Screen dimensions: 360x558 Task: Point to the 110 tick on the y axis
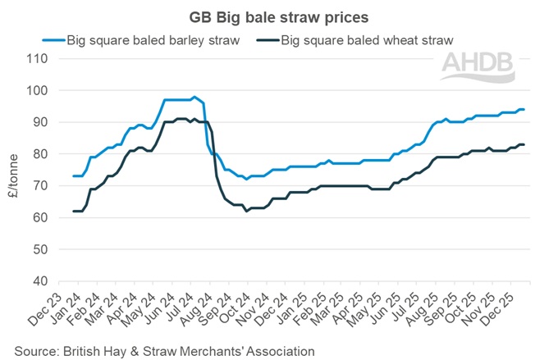pos(38,59)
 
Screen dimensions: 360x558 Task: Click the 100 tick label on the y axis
pos(38,91)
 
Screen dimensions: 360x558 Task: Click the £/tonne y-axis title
pos(11,170)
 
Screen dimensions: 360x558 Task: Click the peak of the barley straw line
pos(194,97)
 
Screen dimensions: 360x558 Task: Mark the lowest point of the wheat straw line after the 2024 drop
pos(246,211)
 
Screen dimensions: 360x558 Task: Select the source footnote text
pos(163,350)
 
